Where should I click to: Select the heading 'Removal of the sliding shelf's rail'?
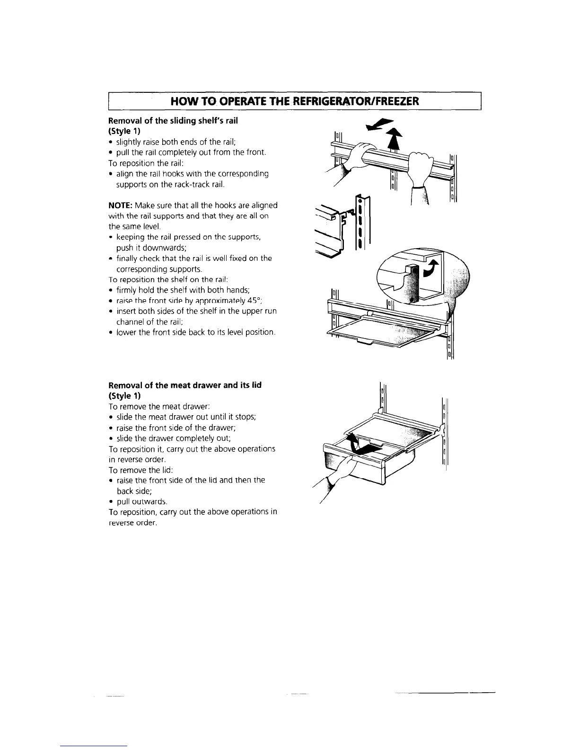173,121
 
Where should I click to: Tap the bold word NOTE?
121,205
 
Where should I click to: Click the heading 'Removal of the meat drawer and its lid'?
185,385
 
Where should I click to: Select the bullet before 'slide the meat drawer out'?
111,418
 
